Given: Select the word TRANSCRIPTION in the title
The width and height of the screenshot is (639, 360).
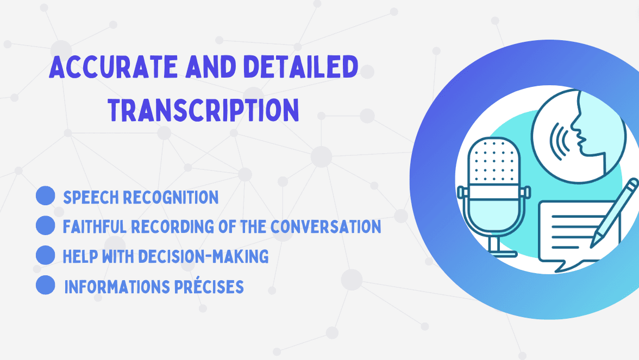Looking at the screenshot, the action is [x=203, y=110].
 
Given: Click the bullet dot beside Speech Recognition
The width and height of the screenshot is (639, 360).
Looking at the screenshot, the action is [x=45, y=196].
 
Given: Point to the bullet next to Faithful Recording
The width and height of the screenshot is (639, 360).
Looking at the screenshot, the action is [x=45, y=226].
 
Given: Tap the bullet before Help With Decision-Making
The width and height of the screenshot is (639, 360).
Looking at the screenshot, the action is [x=45, y=255].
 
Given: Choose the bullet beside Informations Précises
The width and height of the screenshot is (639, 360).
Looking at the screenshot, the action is [x=45, y=285].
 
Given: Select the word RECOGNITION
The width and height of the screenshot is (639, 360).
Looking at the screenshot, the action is [x=171, y=198].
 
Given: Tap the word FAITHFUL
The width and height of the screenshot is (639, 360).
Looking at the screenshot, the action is [x=89, y=227].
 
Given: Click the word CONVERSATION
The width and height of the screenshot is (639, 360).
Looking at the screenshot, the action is [x=326, y=227].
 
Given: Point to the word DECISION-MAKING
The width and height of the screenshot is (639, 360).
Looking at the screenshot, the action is [x=203, y=256].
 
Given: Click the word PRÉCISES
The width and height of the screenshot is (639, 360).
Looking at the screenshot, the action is [x=209, y=287].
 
